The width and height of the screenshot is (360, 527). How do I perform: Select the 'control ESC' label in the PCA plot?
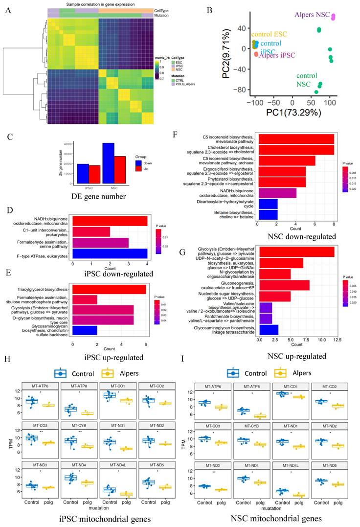(269, 34)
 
